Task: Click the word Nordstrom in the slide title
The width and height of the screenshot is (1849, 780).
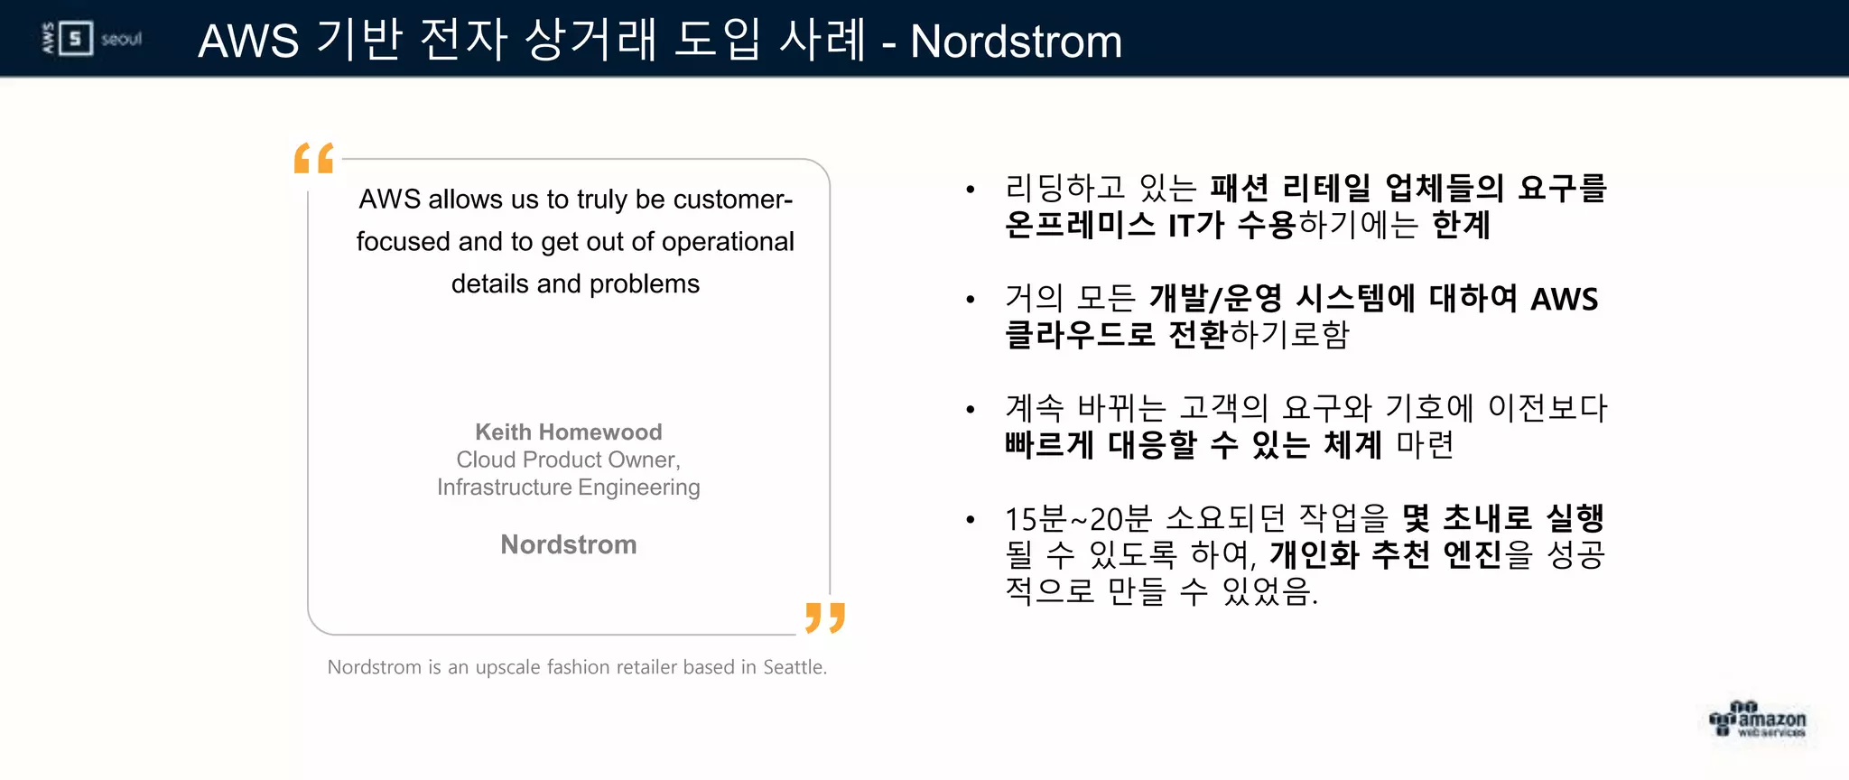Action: tap(1016, 42)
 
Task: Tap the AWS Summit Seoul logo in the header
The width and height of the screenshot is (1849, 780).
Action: tap(92, 39)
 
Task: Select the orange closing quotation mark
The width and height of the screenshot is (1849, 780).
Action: tap(825, 617)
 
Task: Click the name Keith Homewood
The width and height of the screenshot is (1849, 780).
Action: tap(568, 432)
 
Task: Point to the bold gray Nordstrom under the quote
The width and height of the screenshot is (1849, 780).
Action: tap(568, 544)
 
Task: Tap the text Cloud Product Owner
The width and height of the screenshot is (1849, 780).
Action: tap(568, 460)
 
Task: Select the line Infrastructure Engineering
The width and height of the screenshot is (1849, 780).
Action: tap(568, 487)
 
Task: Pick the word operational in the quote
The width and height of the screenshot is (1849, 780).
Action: tap(727, 242)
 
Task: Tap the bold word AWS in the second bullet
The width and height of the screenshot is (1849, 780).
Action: tap(1565, 299)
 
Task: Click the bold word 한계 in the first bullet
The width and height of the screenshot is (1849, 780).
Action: tap(1461, 225)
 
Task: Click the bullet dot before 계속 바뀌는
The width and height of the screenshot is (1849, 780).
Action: tap(971, 410)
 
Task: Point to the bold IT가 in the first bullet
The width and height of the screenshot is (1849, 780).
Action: tap(1195, 225)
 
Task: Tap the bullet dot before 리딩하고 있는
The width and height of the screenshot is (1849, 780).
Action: tap(971, 190)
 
